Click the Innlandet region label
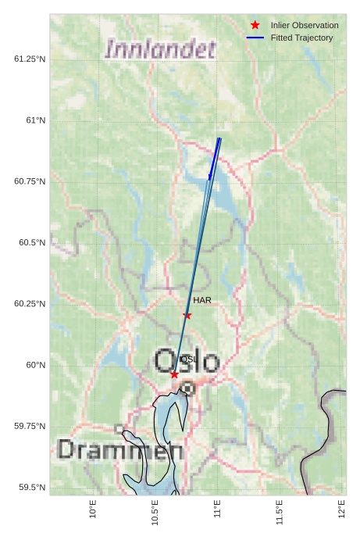(160, 50)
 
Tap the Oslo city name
(187, 361)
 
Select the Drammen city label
(120, 450)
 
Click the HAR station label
(202, 300)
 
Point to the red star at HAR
(187, 315)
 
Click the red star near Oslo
(174, 375)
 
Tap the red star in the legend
(255, 25)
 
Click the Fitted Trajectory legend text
(301, 38)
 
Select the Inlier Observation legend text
(305, 26)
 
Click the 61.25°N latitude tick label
(30, 59)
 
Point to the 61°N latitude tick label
(36, 120)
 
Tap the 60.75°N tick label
(30, 181)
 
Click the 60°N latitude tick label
(36, 365)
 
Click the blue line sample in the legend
(255, 38)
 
